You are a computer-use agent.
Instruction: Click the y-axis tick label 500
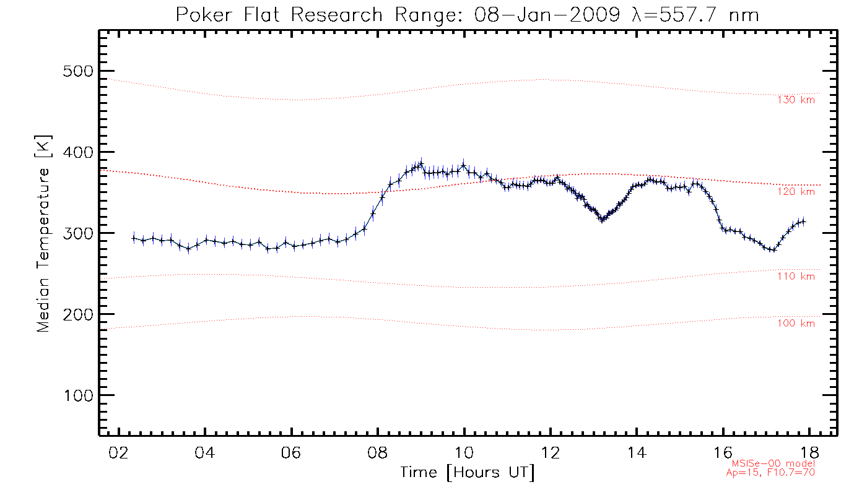pyautogui.click(x=77, y=71)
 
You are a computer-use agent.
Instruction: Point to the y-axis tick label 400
pyautogui.click(x=77, y=152)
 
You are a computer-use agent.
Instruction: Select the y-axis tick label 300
pyautogui.click(x=77, y=233)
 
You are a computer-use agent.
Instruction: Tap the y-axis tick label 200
pyautogui.click(x=77, y=314)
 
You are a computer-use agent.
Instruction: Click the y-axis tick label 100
pyautogui.click(x=77, y=395)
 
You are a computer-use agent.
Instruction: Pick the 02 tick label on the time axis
pyautogui.click(x=118, y=453)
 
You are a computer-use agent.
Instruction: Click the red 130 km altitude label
pyautogui.click(x=796, y=100)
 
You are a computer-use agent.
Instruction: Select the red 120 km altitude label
pyautogui.click(x=796, y=192)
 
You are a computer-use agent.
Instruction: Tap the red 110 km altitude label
pyautogui.click(x=796, y=277)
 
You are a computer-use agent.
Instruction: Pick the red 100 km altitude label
pyautogui.click(x=796, y=324)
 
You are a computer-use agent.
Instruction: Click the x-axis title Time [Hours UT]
pyautogui.click(x=467, y=473)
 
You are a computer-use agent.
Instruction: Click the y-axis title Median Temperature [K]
pyautogui.click(x=43, y=233)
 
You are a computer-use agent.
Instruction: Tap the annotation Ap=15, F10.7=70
pyautogui.click(x=770, y=473)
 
